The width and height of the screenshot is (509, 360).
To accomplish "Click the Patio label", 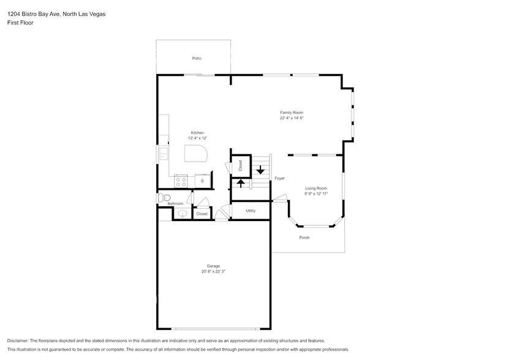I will coord(197,58).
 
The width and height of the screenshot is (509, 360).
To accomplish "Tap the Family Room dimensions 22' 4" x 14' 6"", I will coord(292,118).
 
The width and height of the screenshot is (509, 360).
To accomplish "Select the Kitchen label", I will coord(197,133).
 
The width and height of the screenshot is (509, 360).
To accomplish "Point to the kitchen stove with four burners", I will coord(181,181).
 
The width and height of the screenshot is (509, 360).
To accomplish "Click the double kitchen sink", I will coord(164,153).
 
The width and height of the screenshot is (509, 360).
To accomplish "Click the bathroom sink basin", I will coord(182,213).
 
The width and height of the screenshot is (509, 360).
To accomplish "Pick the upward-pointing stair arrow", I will coord(241,183).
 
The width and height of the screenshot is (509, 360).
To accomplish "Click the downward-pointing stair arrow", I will coord(260,170).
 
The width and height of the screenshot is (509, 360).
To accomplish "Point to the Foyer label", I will coord(279,179).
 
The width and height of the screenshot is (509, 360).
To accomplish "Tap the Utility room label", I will coord(251,211).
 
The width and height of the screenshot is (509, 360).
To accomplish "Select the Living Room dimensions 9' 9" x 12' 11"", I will coord(316,193).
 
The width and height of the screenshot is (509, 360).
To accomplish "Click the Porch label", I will coord(304,238).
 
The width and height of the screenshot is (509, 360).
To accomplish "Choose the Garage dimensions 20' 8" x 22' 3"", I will coord(213,271).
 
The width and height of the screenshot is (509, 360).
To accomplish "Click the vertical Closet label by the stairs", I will coord(241,165).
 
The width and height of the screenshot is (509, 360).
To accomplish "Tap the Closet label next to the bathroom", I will coord(202,214).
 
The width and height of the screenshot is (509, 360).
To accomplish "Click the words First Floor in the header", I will coord(20,23).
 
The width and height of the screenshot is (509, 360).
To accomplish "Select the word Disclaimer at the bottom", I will coord(20,340).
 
